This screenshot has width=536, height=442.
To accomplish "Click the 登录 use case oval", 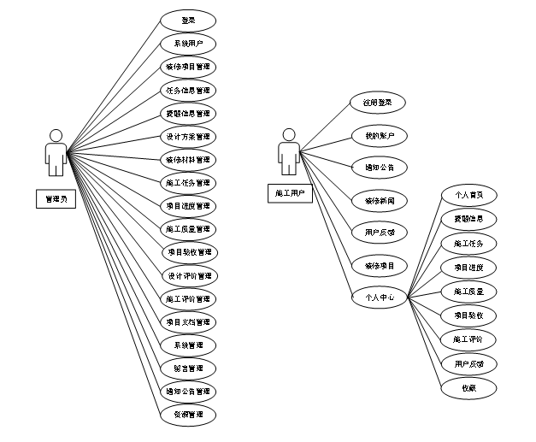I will coord(188,20).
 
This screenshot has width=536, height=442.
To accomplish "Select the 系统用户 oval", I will coord(188,43).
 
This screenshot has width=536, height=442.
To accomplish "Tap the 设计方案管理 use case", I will coord(188,136).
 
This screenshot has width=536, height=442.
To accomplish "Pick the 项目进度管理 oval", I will coord(188,206).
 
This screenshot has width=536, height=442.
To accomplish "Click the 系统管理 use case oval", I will coord(188,345).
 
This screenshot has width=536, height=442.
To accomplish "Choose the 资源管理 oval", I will coord(188,415).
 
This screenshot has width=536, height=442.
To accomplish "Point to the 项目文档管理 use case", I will coord(188,322).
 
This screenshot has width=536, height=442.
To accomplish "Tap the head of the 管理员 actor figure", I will coord(56,135).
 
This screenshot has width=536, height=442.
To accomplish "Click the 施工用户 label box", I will coord(289,193).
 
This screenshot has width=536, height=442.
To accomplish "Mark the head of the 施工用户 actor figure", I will coord(289,134).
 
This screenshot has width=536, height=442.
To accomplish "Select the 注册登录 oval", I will coord(378,103).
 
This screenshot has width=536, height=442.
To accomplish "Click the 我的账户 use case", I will coord(378,135).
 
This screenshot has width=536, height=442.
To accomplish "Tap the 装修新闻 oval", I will coord(378,200).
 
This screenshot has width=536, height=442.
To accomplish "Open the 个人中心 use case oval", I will coord(378,298).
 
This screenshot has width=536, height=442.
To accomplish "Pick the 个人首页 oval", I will coord(468,195).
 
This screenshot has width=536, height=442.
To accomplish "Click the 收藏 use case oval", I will coord(468,387).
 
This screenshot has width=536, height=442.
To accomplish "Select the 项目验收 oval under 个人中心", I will coord(468,315).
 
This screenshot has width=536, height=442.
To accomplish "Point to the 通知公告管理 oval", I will coord(188,392).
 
